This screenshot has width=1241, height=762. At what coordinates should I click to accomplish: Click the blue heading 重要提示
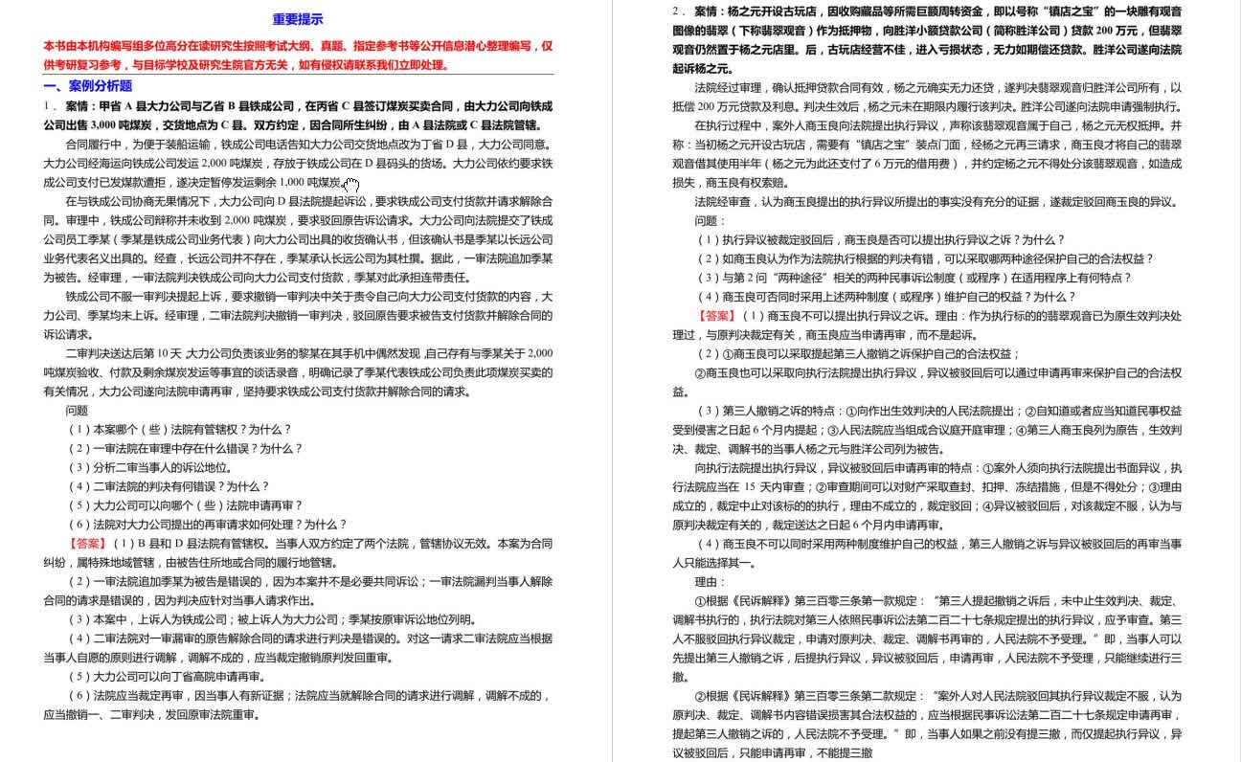tap(298, 19)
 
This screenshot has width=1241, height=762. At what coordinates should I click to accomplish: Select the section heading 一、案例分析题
tap(88, 86)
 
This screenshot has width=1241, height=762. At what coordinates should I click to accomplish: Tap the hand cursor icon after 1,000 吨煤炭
tap(351, 185)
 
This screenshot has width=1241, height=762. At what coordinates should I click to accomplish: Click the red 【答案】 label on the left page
tap(88, 544)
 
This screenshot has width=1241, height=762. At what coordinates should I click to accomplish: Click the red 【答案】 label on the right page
tap(717, 316)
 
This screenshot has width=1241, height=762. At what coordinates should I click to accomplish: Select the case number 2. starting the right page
tap(679, 11)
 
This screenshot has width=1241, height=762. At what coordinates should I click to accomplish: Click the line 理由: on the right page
tap(711, 582)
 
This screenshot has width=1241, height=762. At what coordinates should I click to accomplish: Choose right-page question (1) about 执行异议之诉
tap(879, 240)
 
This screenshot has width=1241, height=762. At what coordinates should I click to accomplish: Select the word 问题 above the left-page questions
tap(77, 411)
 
